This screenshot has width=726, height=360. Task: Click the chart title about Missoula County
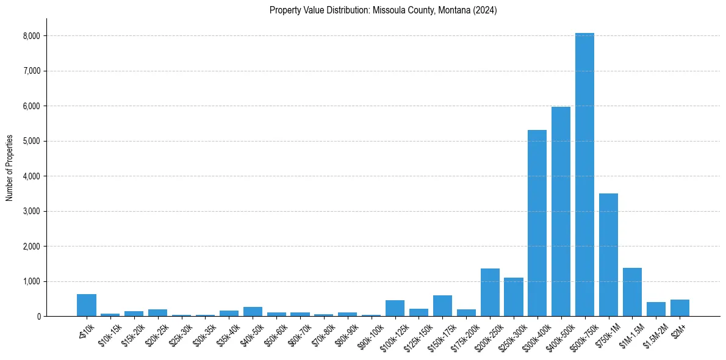[383, 10]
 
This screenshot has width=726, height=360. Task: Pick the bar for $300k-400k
[537, 223]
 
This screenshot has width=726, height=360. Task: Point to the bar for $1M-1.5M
[632, 292]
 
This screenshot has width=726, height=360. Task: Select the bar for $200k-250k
[490, 292]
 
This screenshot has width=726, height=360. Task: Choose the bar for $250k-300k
[514, 297]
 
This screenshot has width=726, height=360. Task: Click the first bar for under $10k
[87, 305]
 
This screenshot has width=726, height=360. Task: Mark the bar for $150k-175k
[442, 306]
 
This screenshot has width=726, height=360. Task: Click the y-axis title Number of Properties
[10, 167]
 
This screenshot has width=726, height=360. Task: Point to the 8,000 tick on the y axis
[31, 36]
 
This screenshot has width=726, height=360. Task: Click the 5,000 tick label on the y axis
[31, 141]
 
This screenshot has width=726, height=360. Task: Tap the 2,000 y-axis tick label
[31, 247]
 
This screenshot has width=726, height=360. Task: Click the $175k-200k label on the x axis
[463, 337]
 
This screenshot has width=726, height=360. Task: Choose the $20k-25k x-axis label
[156, 335]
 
